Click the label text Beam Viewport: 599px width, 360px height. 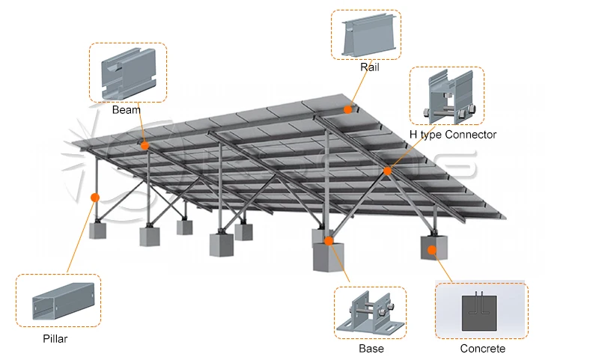[x=127, y=110]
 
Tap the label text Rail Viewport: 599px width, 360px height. [x=369, y=67]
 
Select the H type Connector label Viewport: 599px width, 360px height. [x=453, y=135]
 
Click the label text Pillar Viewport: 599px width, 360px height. [x=55, y=339]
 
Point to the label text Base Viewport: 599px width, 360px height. [x=371, y=349]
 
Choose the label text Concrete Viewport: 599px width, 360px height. [x=482, y=349]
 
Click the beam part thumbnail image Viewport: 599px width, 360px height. [x=127, y=72]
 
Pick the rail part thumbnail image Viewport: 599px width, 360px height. [x=365, y=34]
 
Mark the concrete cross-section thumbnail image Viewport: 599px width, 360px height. [x=481, y=311]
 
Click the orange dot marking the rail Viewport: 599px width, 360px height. [x=348, y=109]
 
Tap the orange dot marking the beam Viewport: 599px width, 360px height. [x=145, y=146]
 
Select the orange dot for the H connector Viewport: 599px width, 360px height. [x=388, y=171]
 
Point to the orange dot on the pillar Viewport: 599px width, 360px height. [x=94, y=198]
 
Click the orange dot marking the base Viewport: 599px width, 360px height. [x=328, y=242]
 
